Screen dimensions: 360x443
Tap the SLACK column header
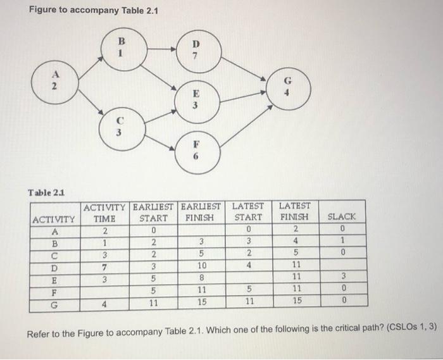point(342,216)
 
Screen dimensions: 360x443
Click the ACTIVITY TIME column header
point(105,211)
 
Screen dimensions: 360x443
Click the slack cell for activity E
point(342,276)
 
